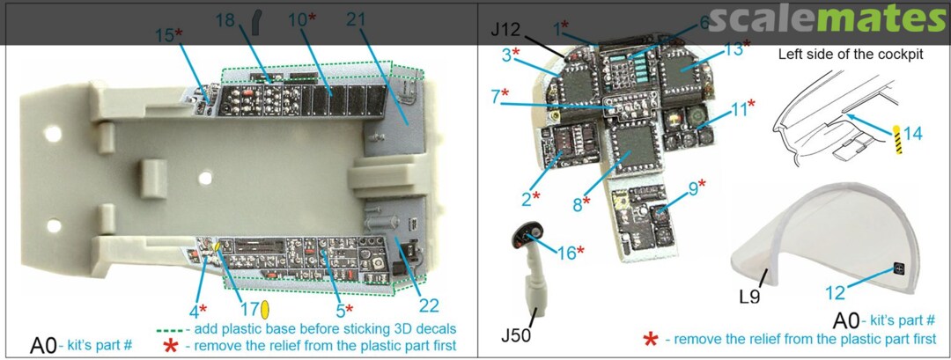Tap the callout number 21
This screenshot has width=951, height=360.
point(380,18)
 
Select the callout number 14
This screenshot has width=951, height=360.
point(913,134)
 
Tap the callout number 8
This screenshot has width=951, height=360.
point(578,205)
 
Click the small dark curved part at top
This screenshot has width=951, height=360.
point(258,19)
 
